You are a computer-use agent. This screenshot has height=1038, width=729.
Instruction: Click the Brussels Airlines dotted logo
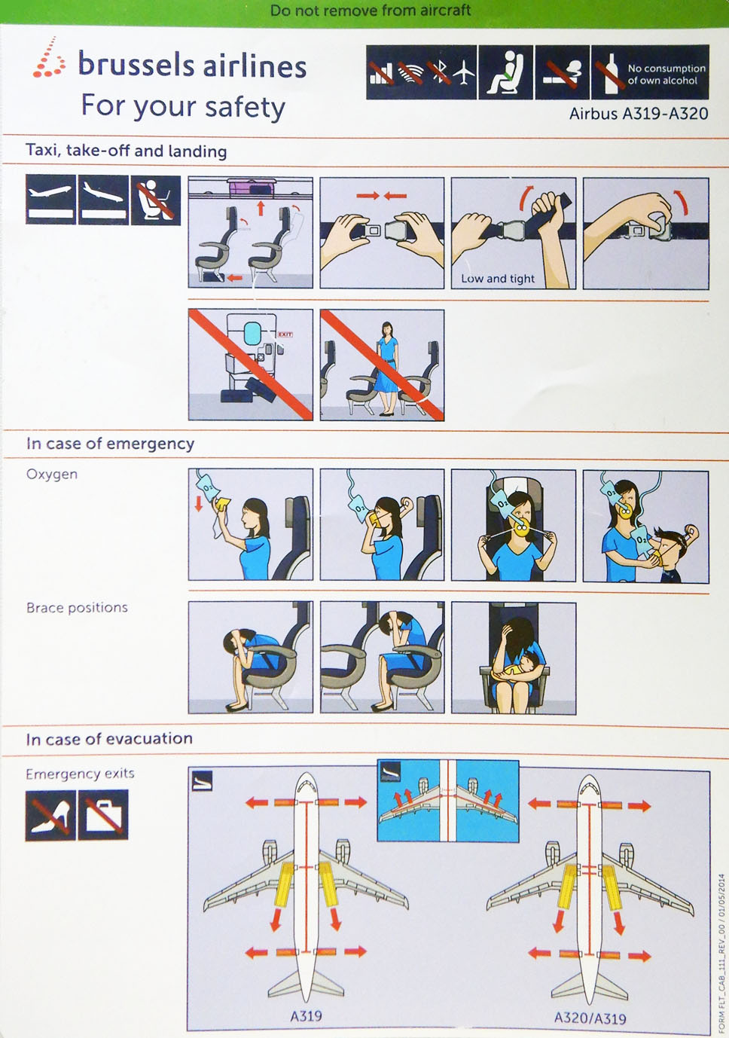[48, 57]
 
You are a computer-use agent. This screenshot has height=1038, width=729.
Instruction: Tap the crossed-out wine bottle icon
[610, 72]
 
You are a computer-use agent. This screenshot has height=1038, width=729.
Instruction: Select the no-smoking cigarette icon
[562, 72]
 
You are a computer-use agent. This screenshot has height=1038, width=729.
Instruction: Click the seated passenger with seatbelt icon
[505, 72]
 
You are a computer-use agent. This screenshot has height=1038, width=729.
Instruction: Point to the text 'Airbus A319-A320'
[638, 114]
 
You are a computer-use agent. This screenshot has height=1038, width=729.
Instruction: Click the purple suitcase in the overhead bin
[251, 188]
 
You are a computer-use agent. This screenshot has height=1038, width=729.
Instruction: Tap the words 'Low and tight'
[498, 279]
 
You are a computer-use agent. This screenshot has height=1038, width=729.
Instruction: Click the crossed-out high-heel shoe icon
[50, 815]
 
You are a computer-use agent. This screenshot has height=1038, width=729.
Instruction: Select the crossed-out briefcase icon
[103, 815]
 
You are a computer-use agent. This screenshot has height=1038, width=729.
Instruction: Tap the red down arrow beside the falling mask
[199, 503]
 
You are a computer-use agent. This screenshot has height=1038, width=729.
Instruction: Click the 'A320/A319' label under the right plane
[590, 1017]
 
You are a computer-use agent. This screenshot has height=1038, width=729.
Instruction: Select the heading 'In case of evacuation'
[109, 739]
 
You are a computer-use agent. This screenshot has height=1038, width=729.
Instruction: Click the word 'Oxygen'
[52, 475]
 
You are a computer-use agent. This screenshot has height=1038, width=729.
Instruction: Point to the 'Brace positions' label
[77, 607]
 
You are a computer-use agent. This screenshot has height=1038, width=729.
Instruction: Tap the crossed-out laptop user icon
[156, 200]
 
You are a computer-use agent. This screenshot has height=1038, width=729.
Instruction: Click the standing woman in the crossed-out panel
[387, 368]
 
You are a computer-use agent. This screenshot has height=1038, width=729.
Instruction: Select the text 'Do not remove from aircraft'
[371, 11]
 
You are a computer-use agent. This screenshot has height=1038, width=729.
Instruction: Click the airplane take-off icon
[50, 200]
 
